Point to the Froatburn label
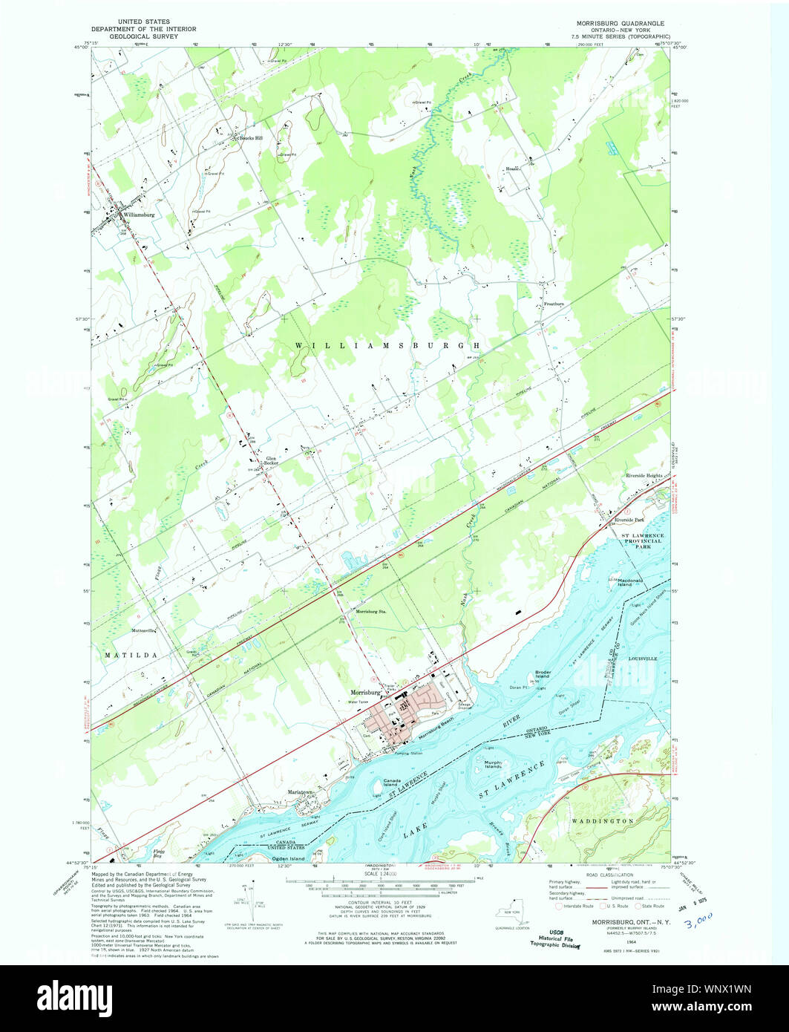pyautogui.click(x=554, y=304)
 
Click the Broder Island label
pyautogui.click(x=543, y=674)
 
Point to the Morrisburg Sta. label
pyautogui.click(x=373, y=611)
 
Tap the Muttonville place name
pyautogui.click(x=144, y=630)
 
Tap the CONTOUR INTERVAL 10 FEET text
pyautogui.click(x=379, y=902)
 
